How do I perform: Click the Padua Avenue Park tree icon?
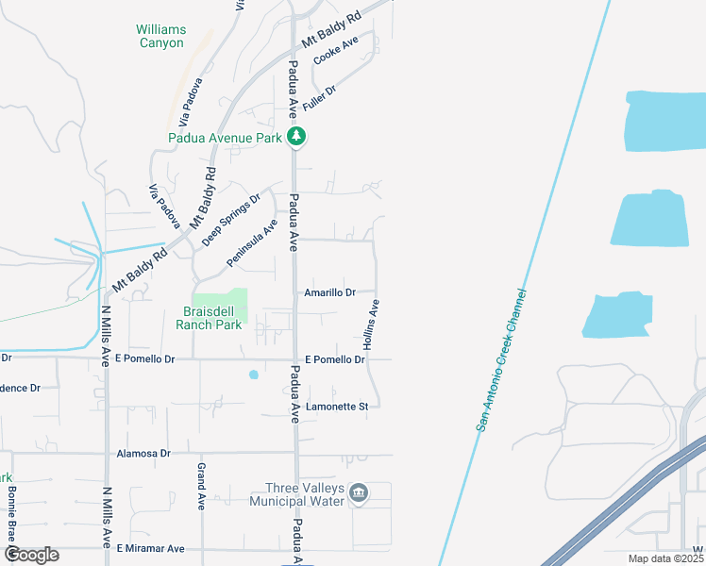coord(297,138)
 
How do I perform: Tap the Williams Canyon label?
coord(160,36)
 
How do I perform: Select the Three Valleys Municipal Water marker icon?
coord(359,493)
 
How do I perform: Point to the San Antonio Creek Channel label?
coord(499,360)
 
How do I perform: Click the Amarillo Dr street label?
coord(329,293)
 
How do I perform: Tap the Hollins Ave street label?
coord(372,326)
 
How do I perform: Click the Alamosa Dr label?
coord(143,453)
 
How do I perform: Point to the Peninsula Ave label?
coord(252,242)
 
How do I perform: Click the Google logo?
coord(31,555)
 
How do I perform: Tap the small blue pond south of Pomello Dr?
coord(253,375)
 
